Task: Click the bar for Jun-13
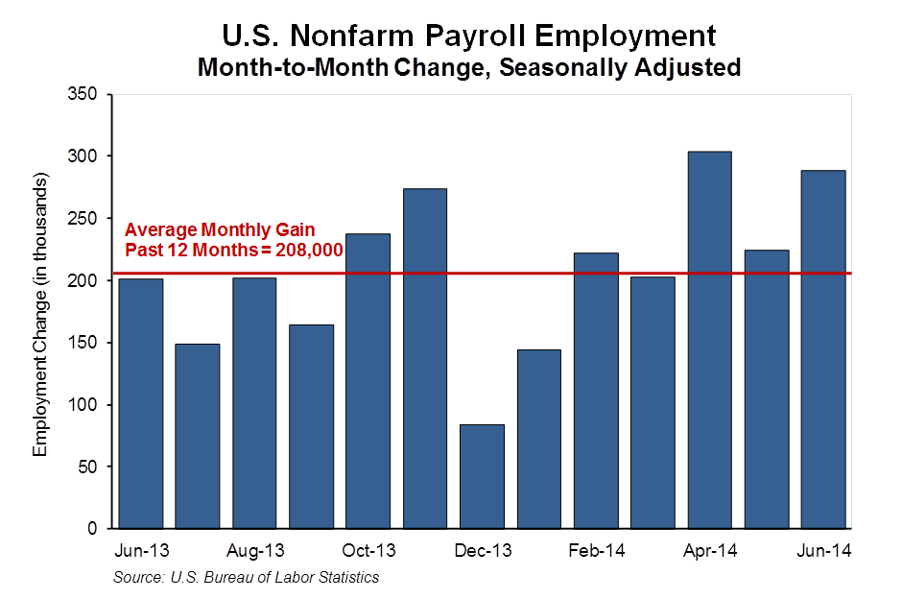click(140, 403)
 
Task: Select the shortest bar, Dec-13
click(482, 476)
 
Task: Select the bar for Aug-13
click(254, 403)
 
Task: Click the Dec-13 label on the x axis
click(482, 552)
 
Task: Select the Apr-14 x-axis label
click(710, 552)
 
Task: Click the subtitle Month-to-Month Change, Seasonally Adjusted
click(469, 68)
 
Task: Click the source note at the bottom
click(246, 577)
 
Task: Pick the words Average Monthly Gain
click(220, 231)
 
